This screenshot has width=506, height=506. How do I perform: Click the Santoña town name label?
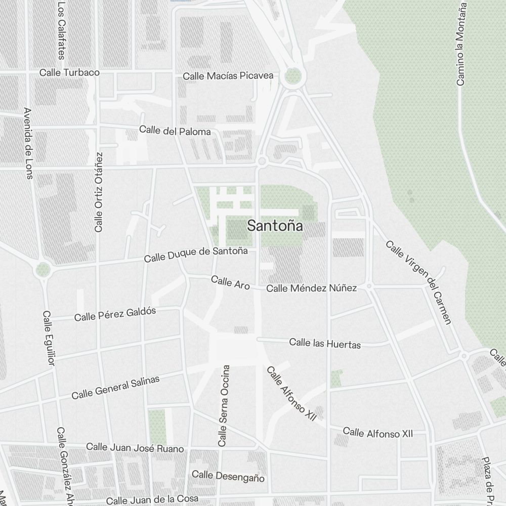(275, 226)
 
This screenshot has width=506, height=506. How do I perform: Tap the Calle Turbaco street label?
(69, 73)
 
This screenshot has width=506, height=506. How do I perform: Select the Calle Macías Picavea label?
(228, 76)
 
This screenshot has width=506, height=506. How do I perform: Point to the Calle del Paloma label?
(175, 131)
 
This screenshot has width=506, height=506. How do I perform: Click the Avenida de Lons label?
(28, 143)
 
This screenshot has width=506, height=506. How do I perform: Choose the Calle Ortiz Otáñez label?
(99, 192)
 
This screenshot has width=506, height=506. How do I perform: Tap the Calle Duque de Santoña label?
(196, 255)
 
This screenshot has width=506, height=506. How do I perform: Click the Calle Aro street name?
(230, 282)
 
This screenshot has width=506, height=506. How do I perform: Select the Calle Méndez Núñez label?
(311, 288)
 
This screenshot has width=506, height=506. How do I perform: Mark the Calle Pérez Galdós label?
(115, 314)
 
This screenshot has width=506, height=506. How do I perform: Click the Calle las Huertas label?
(325, 344)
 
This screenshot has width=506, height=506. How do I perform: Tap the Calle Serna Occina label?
(224, 406)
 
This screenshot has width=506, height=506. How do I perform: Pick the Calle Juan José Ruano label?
(135, 448)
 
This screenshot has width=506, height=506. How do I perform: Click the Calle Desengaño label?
(228, 476)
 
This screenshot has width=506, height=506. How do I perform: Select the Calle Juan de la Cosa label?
(152, 499)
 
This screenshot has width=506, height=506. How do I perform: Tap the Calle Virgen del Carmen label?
(418, 282)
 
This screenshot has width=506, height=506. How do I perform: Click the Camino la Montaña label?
(460, 43)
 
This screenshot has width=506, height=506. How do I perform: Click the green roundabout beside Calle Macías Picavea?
(293, 76)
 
